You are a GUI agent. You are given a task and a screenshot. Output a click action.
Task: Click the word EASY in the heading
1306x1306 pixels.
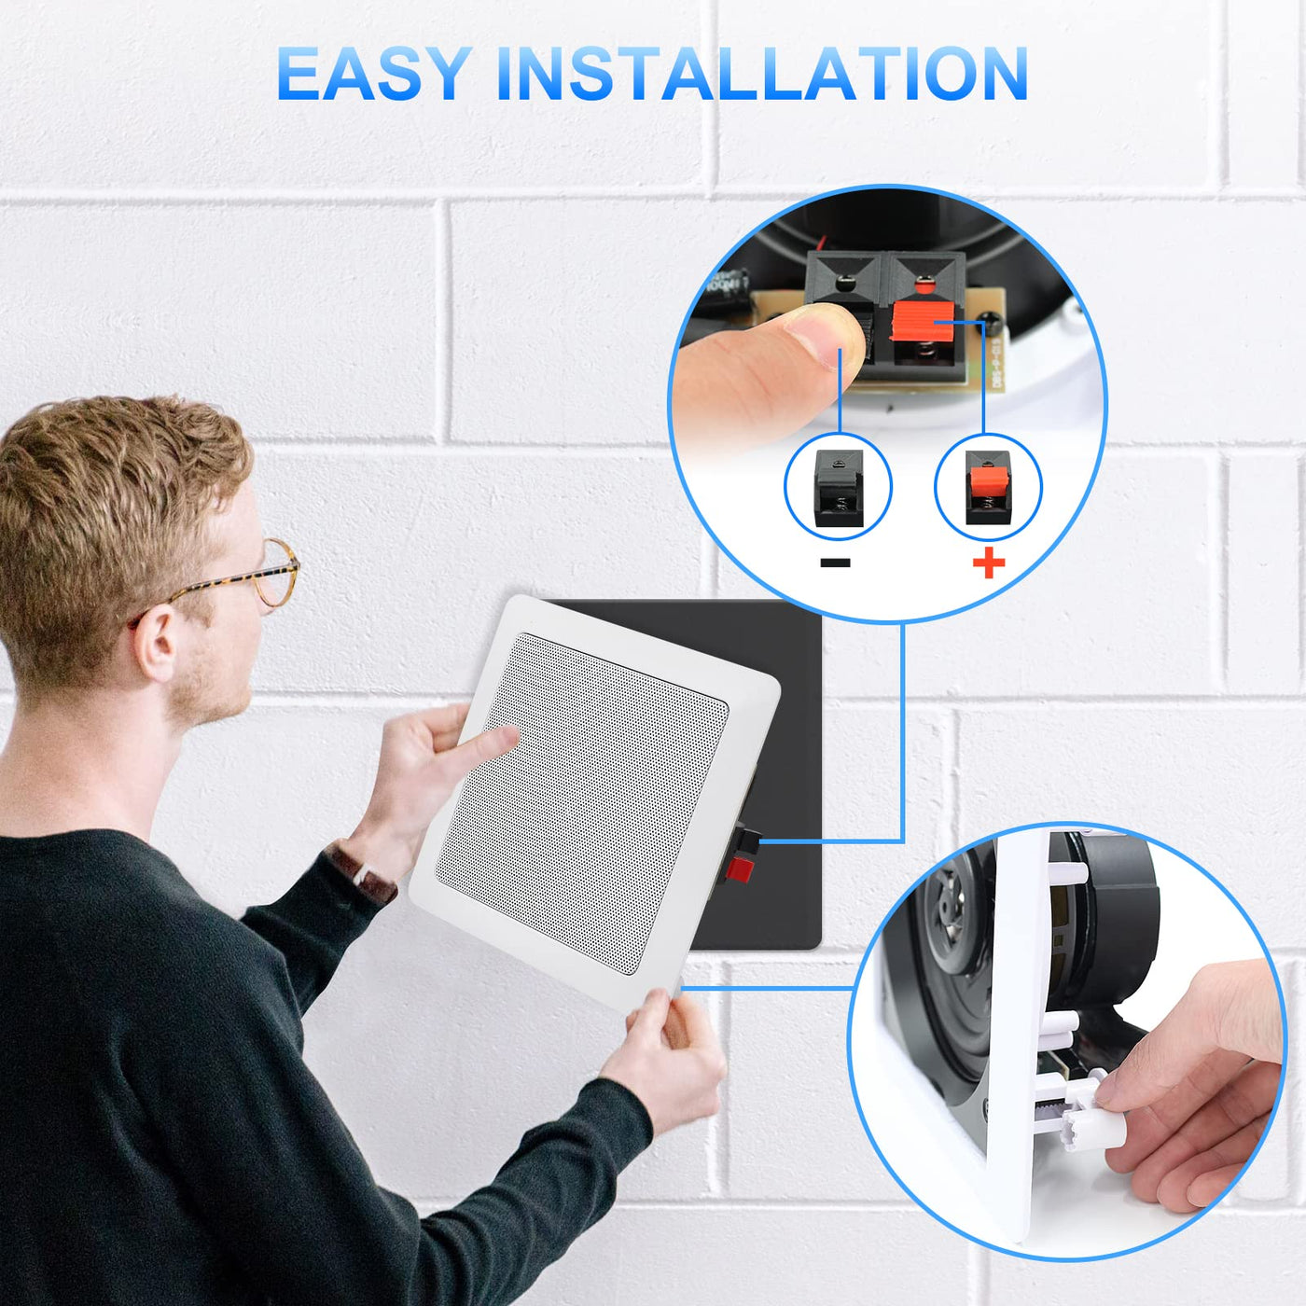(374, 74)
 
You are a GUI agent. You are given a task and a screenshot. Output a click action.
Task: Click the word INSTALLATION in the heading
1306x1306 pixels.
(762, 74)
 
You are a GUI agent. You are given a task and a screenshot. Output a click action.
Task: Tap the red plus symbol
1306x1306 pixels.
(988, 563)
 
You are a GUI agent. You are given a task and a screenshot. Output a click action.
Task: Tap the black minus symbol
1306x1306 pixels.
(835, 563)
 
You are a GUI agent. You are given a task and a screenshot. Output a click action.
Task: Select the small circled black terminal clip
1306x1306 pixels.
(839, 487)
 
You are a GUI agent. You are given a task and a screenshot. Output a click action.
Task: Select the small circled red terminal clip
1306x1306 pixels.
(988, 487)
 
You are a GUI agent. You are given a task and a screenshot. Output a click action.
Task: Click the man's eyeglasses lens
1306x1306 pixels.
(276, 574)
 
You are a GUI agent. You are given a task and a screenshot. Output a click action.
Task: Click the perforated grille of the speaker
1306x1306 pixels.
(581, 804)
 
